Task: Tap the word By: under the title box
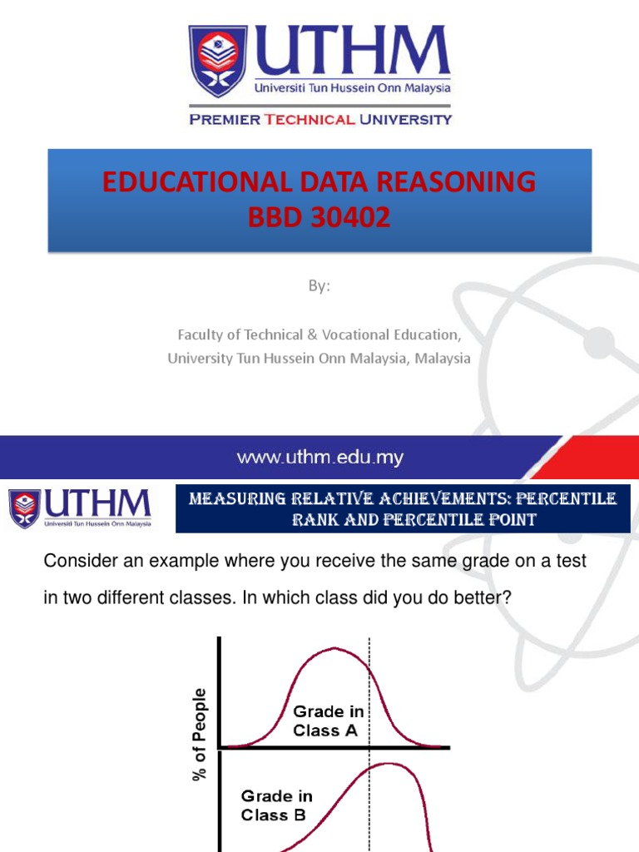click(319, 286)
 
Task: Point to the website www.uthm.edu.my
click(320, 458)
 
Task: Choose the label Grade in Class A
click(328, 721)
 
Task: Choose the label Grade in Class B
click(274, 806)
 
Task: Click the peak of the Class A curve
click(332, 649)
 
